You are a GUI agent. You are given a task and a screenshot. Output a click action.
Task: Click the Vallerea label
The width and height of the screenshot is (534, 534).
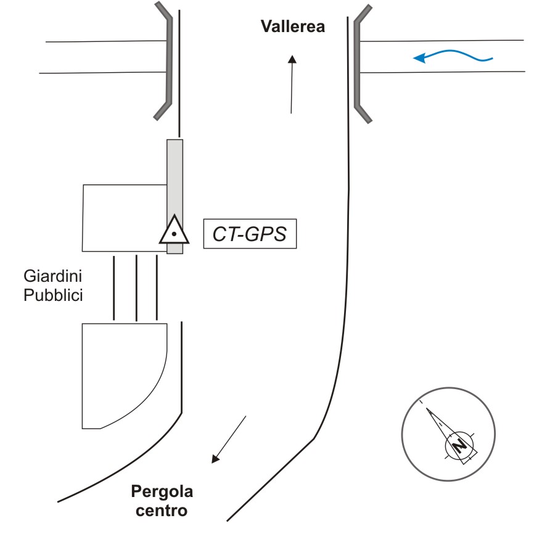pyautogui.click(x=292, y=27)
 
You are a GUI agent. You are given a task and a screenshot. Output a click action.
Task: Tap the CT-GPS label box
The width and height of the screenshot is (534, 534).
pyautogui.click(x=250, y=234)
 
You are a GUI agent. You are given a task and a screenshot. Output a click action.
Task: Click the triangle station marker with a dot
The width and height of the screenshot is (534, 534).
pyautogui.click(x=174, y=232)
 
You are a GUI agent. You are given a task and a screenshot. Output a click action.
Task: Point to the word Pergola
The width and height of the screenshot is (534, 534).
pyautogui.click(x=162, y=492)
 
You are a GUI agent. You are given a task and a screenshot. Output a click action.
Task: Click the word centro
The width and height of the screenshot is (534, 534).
pyautogui.click(x=162, y=511)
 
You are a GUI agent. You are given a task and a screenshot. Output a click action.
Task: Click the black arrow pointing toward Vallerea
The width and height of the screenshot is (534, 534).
pyautogui.click(x=292, y=84)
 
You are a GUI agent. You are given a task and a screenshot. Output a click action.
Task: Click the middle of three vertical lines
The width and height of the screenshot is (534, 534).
pyautogui.click(x=136, y=287)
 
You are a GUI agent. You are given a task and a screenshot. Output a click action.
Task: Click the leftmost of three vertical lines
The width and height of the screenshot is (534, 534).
pyautogui.click(x=114, y=287)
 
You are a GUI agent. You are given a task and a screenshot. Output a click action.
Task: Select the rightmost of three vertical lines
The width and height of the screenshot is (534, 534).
pyautogui.click(x=157, y=287)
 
